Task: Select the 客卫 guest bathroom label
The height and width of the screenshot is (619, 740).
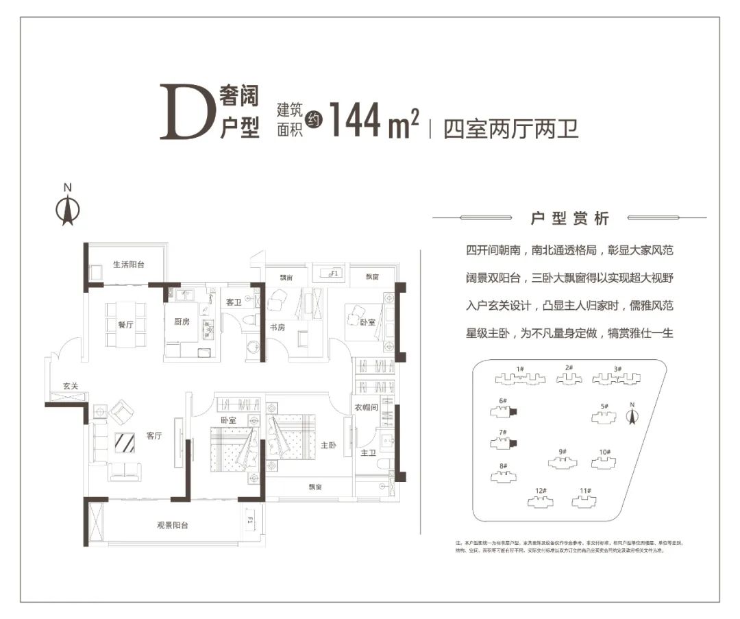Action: [234, 302]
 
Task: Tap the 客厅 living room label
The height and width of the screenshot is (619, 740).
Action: [154, 435]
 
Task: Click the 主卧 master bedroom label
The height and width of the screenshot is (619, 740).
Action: [330, 444]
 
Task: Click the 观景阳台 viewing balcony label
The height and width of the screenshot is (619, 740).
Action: [173, 525]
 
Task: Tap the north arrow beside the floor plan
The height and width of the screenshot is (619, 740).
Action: [67, 209]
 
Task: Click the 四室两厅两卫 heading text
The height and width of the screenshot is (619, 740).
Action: [510, 129]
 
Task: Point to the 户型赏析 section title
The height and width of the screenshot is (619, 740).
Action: [570, 219]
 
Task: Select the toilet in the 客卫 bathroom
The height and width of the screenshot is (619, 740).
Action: [249, 322]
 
